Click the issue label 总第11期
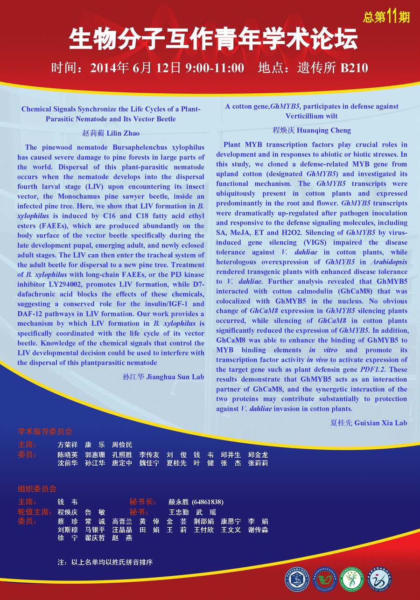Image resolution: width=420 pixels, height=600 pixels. pos(386,17)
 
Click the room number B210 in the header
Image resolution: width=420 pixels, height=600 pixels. pos(354,68)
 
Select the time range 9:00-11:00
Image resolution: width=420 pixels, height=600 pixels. pos(215,68)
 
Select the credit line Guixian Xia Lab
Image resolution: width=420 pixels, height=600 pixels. pos(381,423)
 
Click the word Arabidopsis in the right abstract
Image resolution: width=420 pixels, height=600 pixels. pos(389,262)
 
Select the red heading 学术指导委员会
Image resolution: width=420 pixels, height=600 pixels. pos(45,432)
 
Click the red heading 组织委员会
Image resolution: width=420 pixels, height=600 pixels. pos(37,489)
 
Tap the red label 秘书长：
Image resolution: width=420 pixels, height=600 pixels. pos(143,502)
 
